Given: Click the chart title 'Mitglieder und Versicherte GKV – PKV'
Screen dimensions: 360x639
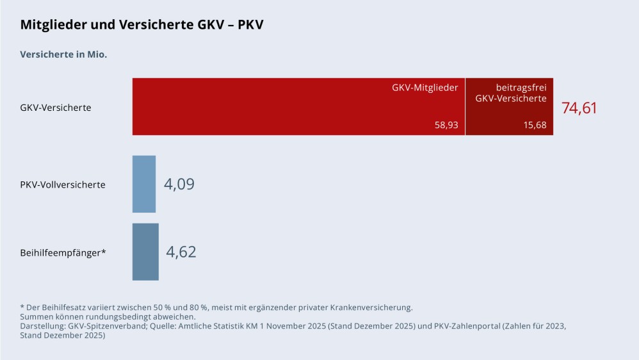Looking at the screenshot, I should click(x=142, y=25).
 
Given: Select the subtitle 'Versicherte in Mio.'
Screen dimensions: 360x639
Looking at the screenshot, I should click(x=63, y=54).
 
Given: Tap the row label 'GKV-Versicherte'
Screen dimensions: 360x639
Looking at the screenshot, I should click(x=56, y=108).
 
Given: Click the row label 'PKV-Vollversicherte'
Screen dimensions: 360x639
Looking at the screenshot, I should click(x=63, y=184).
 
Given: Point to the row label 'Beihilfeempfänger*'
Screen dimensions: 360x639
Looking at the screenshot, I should click(x=63, y=252).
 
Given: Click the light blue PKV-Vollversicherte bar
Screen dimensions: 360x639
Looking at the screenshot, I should click(x=144, y=184).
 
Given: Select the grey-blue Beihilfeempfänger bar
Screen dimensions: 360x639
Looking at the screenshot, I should click(x=145, y=252).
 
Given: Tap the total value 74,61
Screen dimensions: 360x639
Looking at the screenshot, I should click(x=579, y=108).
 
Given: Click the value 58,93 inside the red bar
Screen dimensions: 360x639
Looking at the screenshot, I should click(x=446, y=125).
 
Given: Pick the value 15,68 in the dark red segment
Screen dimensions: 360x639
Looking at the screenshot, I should click(x=535, y=125).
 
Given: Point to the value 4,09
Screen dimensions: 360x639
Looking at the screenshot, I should click(x=179, y=184).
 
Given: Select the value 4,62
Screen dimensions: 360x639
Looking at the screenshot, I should click(x=181, y=252).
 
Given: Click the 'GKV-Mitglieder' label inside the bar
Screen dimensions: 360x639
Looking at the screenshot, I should click(x=425, y=88).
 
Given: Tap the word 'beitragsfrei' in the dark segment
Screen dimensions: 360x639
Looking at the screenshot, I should click(x=521, y=88).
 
